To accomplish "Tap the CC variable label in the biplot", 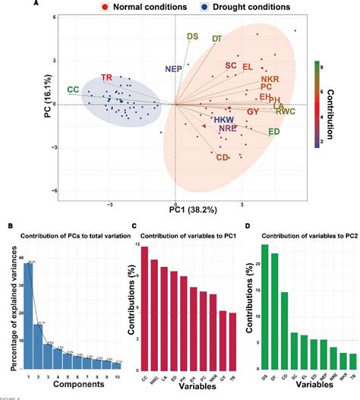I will [x=73, y=90].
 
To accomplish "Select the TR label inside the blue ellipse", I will [x=107, y=78].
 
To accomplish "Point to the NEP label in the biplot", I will [x=174, y=69].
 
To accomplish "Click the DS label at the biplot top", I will [x=193, y=36].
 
